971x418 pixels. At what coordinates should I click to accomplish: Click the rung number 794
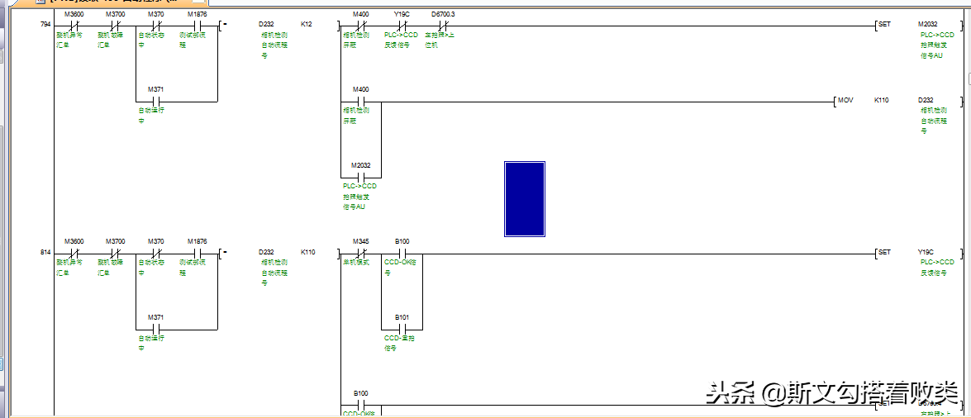(45, 25)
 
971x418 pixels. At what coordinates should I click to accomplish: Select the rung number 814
(45, 251)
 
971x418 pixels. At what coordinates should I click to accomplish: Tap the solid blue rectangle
(525, 198)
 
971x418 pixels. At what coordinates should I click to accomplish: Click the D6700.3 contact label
(443, 15)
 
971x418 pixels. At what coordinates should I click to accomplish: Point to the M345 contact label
(360, 241)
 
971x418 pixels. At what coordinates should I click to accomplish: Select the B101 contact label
(402, 317)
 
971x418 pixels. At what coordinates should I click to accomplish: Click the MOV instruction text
(845, 100)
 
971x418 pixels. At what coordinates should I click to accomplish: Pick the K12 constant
(307, 25)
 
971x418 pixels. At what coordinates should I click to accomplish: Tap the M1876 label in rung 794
(197, 15)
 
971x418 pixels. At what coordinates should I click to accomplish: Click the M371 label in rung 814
(155, 317)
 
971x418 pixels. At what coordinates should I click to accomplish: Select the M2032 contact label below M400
(360, 165)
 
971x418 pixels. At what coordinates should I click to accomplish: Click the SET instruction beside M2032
(884, 25)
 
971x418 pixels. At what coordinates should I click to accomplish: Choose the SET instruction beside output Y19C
(884, 252)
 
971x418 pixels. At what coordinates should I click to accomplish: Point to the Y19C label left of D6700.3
(402, 15)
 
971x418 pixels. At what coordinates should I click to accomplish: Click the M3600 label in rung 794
(73, 15)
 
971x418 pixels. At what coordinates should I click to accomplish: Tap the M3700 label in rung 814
(115, 241)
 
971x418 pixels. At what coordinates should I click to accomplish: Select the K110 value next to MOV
(882, 100)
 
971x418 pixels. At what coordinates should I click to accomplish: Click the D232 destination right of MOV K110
(926, 100)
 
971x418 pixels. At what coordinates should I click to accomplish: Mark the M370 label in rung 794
(155, 15)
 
